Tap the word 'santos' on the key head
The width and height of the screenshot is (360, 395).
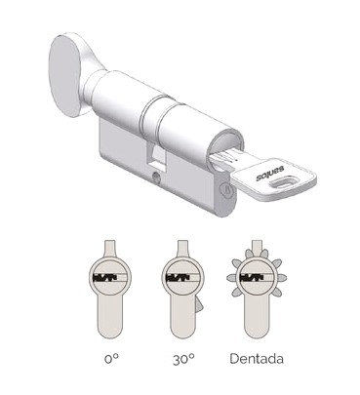(x=270, y=173)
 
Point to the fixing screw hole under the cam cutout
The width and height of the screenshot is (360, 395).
(x=156, y=177)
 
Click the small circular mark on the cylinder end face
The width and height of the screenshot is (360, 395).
(x=226, y=188)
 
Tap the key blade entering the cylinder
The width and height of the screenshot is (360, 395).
(x=223, y=158)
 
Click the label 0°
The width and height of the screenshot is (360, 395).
(x=111, y=359)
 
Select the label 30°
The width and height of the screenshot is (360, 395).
(x=183, y=359)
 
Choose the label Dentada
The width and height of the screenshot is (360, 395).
(x=257, y=359)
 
